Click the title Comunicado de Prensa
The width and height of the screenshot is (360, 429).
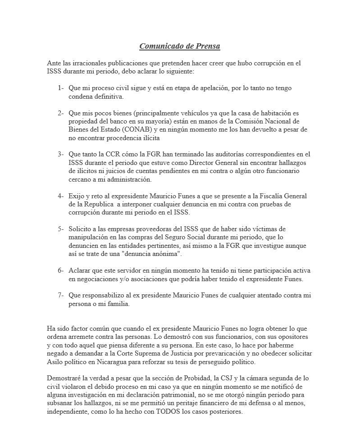(x=179, y=46)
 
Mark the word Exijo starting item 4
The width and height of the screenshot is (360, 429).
(x=77, y=196)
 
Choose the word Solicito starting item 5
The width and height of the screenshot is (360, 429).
(x=81, y=229)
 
